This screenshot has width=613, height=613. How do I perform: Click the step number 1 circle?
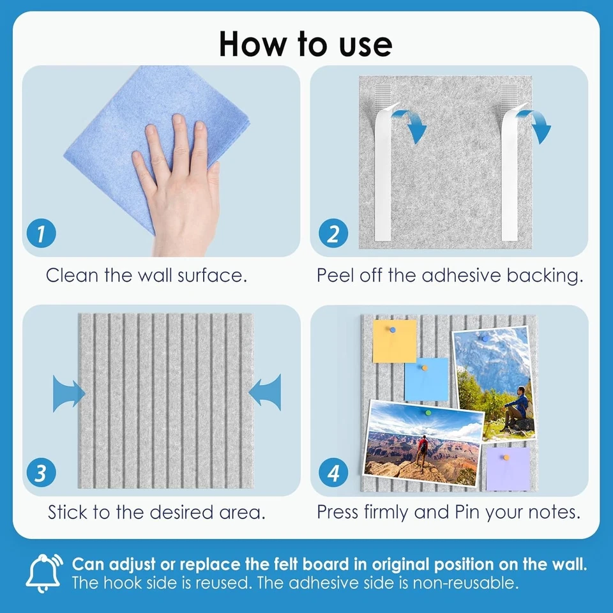(41, 234)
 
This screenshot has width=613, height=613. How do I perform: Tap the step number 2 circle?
(333, 234)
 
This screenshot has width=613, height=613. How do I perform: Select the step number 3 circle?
(41, 473)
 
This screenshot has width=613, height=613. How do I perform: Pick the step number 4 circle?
(333, 473)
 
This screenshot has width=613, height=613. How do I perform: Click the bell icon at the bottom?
(44, 573)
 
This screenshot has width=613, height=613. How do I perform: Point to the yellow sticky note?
(394, 341)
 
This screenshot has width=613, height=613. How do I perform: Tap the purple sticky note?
(508, 469)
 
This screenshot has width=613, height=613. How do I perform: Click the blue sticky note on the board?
(426, 379)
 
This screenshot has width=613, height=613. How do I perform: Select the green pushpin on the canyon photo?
(428, 412)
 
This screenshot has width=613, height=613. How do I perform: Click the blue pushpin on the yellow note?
(393, 330)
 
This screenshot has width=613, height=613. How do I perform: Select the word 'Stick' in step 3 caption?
(67, 511)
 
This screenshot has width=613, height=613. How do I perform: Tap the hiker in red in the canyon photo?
(422, 450)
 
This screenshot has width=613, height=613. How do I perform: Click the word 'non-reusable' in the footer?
(465, 583)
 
